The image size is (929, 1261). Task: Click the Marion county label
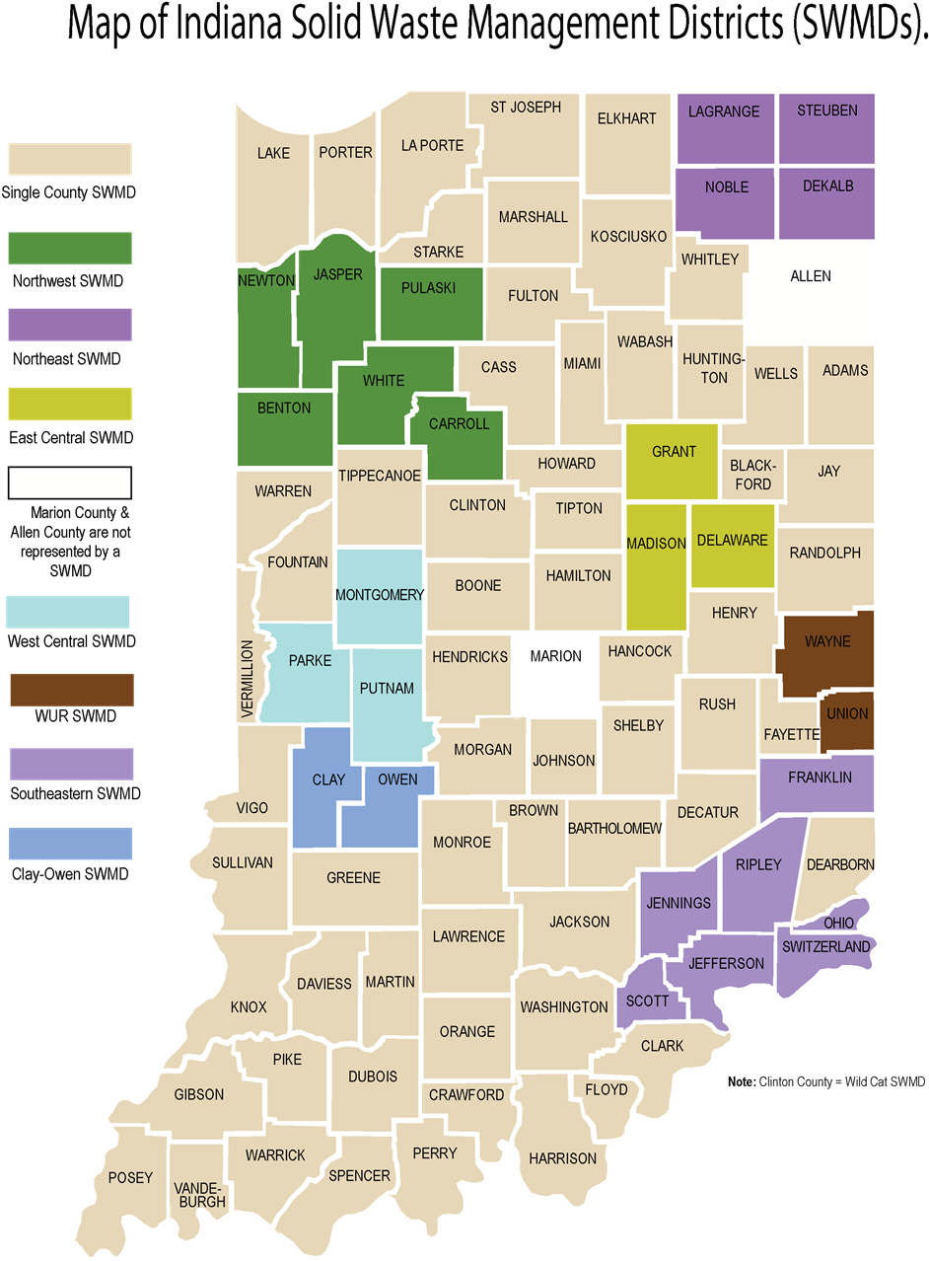pyautogui.click(x=555, y=656)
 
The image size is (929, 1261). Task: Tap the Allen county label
pyautogui.click(x=811, y=276)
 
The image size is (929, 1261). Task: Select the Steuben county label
pyautogui.click(x=827, y=111)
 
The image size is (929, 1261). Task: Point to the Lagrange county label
pyautogui.click(x=724, y=111)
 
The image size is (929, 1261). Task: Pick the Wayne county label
pyautogui.click(x=827, y=641)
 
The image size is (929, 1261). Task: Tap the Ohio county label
pyautogui.click(x=838, y=923)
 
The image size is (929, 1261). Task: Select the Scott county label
pyautogui.click(x=648, y=1001)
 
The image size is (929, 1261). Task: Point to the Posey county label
pyautogui.click(x=130, y=1177)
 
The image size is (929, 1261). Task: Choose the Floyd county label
pyautogui.click(x=607, y=1089)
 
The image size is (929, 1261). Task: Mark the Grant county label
pyautogui.click(x=675, y=451)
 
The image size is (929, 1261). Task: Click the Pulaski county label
pyautogui.click(x=429, y=288)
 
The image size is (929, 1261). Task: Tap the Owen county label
pyautogui.click(x=397, y=779)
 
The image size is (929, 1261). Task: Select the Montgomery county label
pyautogui.click(x=380, y=594)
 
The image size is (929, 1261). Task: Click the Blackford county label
pyautogui.click(x=752, y=475)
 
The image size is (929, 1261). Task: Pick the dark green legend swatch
pyautogui.click(x=70, y=249)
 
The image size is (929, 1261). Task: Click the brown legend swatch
pyautogui.click(x=70, y=690)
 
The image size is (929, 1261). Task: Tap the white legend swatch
pyautogui.click(x=70, y=482)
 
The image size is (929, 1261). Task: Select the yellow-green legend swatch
pyautogui.click(x=70, y=404)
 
